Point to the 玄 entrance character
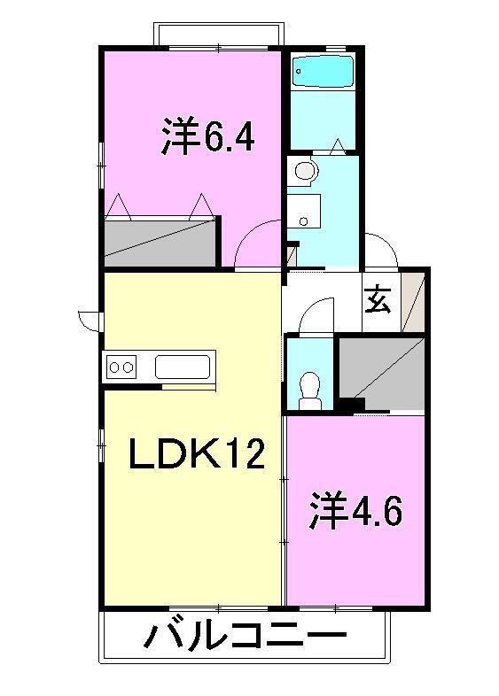[378, 300]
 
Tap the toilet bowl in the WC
[309, 388]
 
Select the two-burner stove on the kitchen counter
[121, 366]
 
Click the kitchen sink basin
[183, 366]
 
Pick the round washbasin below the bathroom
[305, 171]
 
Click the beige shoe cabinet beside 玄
[413, 300]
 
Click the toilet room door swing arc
[315, 315]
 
